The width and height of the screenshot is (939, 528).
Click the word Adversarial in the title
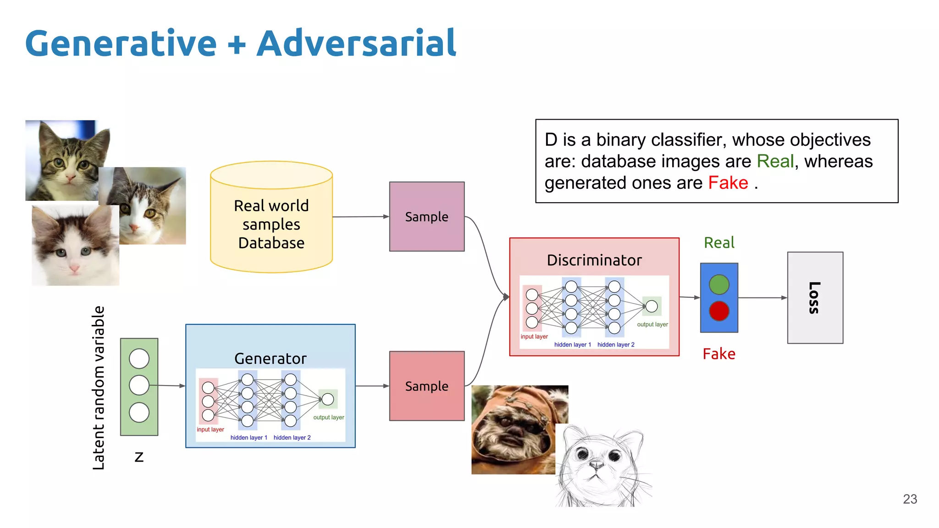click(x=356, y=44)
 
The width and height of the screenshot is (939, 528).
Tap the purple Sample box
click(x=426, y=216)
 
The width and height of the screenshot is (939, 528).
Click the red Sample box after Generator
click(x=426, y=386)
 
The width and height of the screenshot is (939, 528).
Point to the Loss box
click(x=815, y=297)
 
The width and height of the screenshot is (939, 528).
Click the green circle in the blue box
click(x=719, y=285)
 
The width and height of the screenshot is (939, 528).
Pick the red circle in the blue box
click(x=719, y=311)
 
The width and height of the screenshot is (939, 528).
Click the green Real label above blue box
click(x=719, y=242)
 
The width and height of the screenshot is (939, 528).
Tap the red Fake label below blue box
click(x=719, y=354)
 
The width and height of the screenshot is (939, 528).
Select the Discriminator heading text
click(x=594, y=260)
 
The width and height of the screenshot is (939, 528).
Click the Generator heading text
click(x=270, y=358)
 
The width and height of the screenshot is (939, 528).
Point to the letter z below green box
click(x=139, y=457)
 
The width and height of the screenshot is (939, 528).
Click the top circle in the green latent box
click(x=139, y=358)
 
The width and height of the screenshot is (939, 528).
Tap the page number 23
click(x=910, y=499)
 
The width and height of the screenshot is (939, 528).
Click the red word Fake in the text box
click(x=728, y=183)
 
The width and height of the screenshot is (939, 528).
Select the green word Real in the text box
click(x=775, y=161)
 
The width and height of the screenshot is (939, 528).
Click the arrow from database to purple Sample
click(x=360, y=217)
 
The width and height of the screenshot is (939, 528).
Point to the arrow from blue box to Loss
click(x=762, y=298)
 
